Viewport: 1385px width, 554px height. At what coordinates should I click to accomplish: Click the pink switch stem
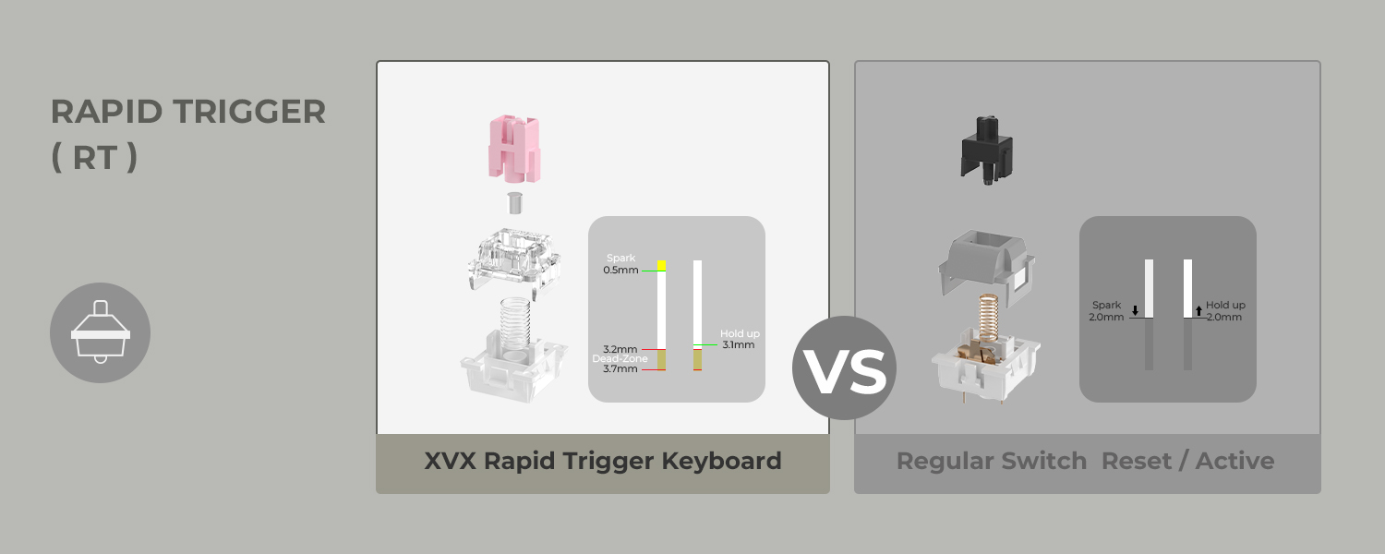click(x=514, y=149)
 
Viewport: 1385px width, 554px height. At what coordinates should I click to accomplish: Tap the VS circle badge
click(x=844, y=368)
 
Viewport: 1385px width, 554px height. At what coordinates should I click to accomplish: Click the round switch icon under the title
click(x=100, y=332)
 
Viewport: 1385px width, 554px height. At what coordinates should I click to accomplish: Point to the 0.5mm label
click(x=620, y=271)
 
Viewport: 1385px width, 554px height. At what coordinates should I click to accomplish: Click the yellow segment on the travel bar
click(x=661, y=265)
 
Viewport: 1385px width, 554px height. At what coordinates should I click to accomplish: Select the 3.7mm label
click(x=620, y=369)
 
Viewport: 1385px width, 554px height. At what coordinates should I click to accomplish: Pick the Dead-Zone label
click(x=620, y=358)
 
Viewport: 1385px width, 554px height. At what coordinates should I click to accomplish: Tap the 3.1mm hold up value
click(x=738, y=345)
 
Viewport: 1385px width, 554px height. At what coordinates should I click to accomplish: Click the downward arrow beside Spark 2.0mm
click(x=1135, y=310)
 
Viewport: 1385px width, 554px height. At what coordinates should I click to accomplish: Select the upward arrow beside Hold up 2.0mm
click(x=1198, y=310)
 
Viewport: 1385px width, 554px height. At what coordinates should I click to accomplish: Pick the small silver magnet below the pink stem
click(x=514, y=202)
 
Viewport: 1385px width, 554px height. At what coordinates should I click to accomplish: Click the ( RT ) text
click(x=94, y=158)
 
